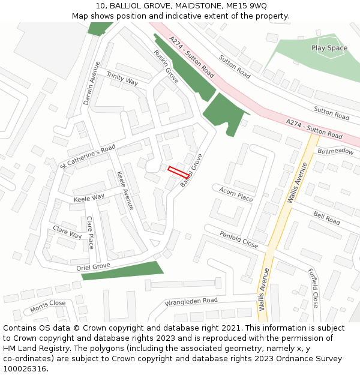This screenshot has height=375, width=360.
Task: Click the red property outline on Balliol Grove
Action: pyautogui.click(x=179, y=171)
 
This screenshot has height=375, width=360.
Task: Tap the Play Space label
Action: pyautogui.click(x=329, y=48)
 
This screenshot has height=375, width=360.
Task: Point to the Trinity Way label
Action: pyautogui.click(x=122, y=78)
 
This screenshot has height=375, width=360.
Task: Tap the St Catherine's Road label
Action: pyautogui.click(x=88, y=157)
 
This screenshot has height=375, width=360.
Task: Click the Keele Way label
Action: pyautogui.click(x=89, y=197)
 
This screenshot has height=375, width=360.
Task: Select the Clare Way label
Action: pyautogui.click(x=67, y=232)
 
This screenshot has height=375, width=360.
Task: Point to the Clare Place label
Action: pyautogui.click(x=90, y=232)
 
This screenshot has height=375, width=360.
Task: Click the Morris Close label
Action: pyautogui.click(x=48, y=307)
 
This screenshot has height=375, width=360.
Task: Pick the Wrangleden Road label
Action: pyautogui.click(x=191, y=301)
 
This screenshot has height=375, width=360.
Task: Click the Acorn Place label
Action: pyautogui.click(x=236, y=193)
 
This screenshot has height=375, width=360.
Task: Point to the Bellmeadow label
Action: pyautogui.click(x=335, y=151)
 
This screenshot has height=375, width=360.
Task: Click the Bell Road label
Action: pyautogui.click(x=326, y=218)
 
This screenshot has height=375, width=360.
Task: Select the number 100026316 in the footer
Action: pyautogui.click(x=26, y=368)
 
